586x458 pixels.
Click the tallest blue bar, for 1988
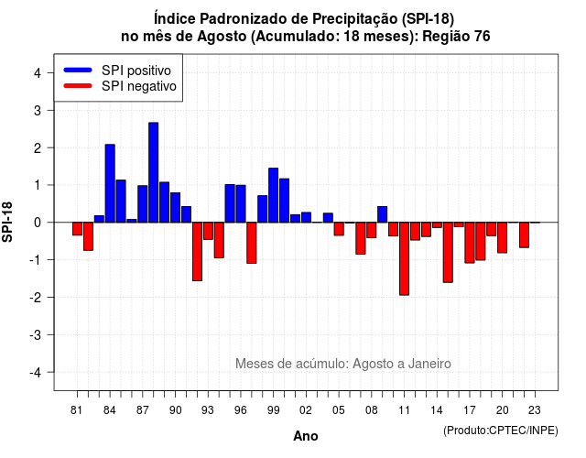point(153,172)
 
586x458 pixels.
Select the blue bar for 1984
point(110,183)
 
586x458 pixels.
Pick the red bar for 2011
point(404,258)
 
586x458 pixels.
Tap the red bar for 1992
point(197,252)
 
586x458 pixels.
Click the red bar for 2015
point(448,253)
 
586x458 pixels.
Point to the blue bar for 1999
point(273,195)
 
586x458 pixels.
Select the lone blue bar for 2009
point(383,214)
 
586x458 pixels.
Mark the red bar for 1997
point(252,243)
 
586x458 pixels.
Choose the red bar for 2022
point(524,234)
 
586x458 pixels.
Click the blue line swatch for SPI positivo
point(78,70)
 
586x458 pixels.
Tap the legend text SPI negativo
point(139,86)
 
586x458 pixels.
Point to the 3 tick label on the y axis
point(38,110)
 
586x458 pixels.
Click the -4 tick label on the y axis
point(36,373)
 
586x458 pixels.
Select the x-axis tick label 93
point(208,410)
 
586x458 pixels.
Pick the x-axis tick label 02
point(306,410)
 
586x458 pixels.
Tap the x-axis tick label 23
point(535,410)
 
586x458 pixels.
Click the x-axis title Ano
point(306,436)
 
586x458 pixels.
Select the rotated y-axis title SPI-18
point(7,222)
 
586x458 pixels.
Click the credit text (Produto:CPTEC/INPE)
point(501,431)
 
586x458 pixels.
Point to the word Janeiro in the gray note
point(429,364)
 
